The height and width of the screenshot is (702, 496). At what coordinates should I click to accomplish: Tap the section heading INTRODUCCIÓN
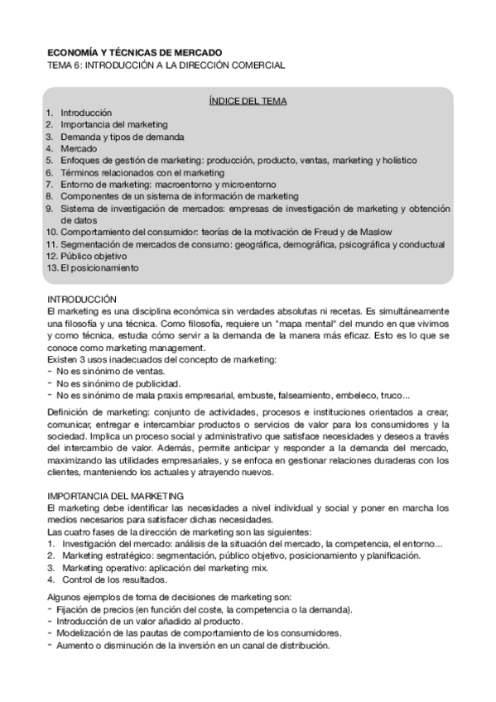pos(82,298)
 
